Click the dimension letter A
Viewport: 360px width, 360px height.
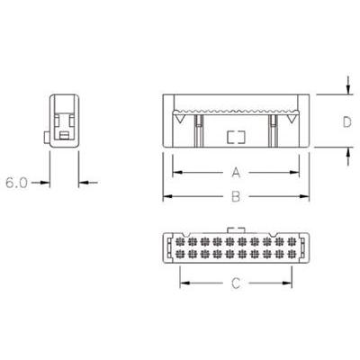tap(236, 173)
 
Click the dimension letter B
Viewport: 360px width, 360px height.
tap(236, 197)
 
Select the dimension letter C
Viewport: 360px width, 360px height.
tap(236, 283)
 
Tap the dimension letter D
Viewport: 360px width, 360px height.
tap(347, 122)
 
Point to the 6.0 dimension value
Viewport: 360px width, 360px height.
tap(17, 183)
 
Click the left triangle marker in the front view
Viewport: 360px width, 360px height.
tap(180, 120)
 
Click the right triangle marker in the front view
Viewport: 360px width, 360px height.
tap(291, 120)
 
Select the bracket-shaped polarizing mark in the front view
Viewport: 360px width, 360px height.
tap(236, 137)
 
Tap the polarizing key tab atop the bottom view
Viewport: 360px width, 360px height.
tap(237, 230)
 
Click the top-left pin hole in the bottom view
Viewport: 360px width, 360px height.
tap(180, 241)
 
